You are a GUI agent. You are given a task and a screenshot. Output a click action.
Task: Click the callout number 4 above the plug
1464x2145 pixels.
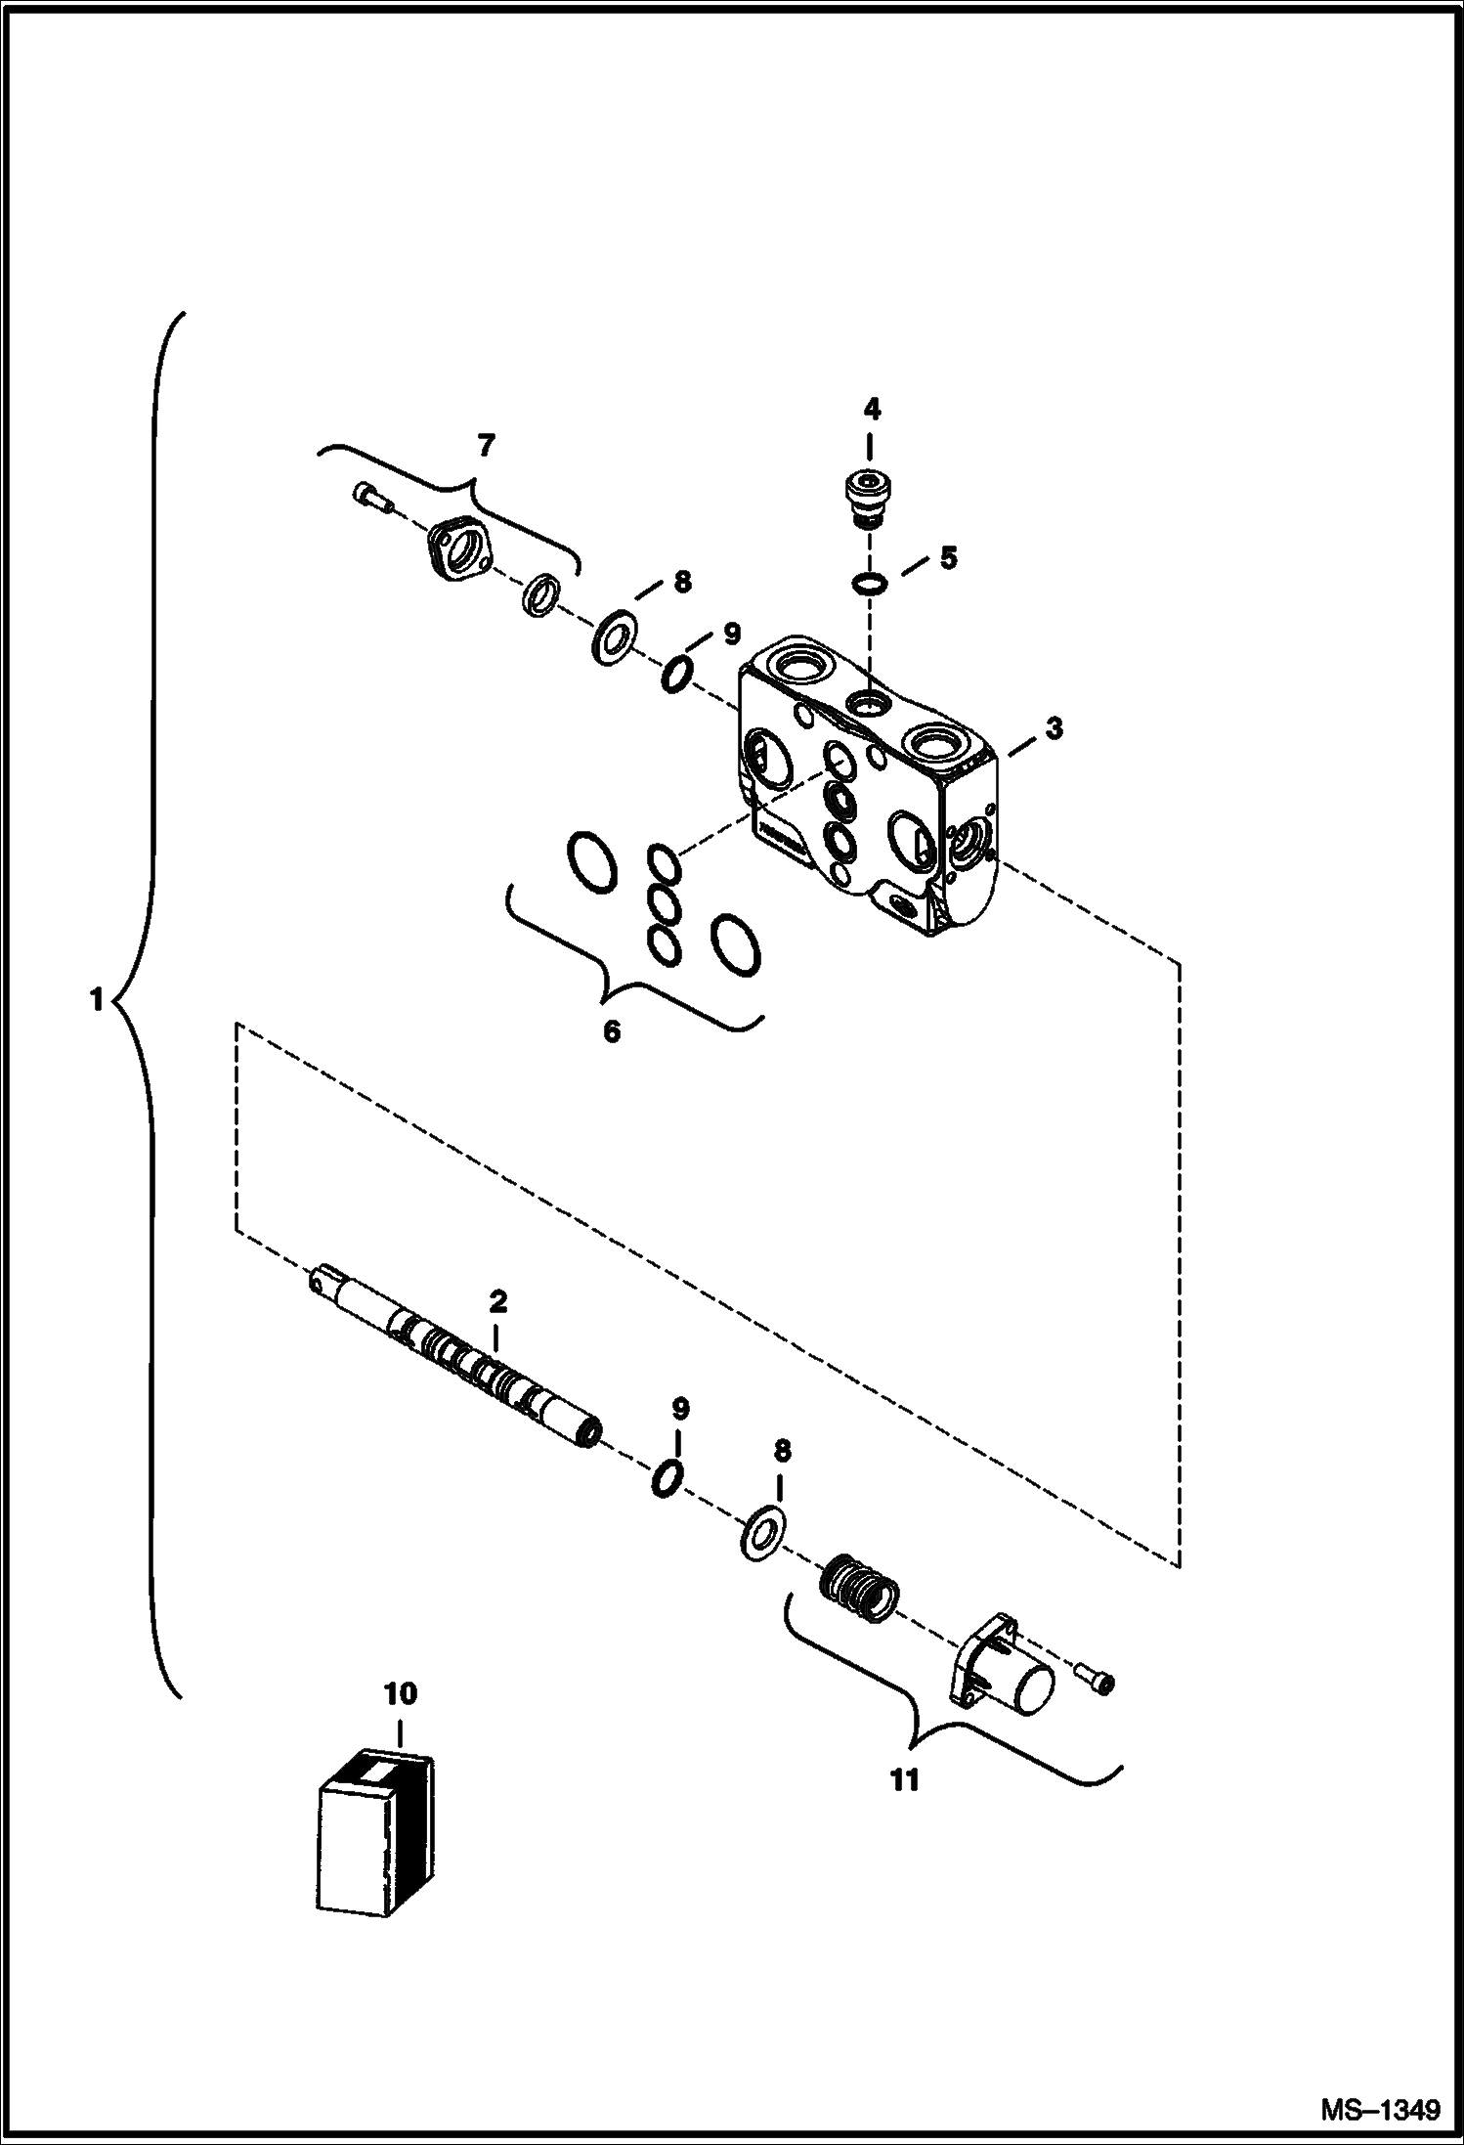click(x=871, y=409)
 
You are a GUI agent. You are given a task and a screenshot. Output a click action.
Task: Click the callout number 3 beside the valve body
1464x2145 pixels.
click(x=1054, y=727)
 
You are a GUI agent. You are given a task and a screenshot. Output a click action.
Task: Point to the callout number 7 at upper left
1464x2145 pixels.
click(x=486, y=445)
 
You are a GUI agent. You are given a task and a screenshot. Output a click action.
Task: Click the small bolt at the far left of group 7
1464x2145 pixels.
click(x=371, y=498)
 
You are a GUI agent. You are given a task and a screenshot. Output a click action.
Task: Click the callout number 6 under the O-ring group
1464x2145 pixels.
click(x=612, y=1030)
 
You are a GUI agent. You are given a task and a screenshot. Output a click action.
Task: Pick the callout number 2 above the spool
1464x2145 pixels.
click(x=497, y=1301)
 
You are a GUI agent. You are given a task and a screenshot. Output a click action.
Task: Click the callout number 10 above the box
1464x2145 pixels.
click(x=401, y=1693)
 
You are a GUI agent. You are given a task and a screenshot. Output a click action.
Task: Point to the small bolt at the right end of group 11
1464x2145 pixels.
click(x=1098, y=1679)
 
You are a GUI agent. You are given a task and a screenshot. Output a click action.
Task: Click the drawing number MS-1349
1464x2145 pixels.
click(x=1380, y=2109)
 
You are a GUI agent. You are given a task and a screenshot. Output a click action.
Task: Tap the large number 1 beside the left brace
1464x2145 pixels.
click(x=96, y=1000)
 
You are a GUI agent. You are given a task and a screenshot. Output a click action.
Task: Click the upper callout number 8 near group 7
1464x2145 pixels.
click(x=682, y=582)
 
